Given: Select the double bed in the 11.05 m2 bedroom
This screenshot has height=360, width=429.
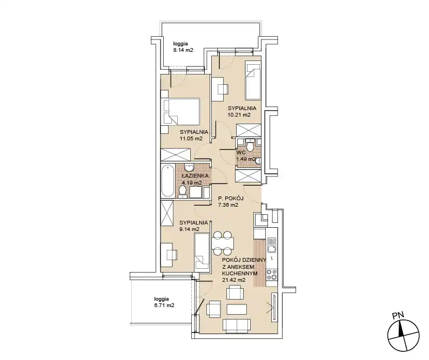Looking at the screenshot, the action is [182, 112].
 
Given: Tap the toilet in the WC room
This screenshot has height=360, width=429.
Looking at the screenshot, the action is [250, 145].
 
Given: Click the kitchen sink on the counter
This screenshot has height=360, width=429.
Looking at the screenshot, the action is [271, 245].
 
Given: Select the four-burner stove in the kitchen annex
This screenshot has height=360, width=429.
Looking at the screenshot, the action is [272, 275].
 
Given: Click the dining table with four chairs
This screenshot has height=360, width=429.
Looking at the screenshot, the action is [223, 243].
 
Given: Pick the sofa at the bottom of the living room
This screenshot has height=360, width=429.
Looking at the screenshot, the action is [237, 326].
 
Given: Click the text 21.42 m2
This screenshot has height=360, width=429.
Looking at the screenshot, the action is [233, 280].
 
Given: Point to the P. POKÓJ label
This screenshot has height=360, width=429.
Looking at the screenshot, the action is [231, 199].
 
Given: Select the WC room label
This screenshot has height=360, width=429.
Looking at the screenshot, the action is [241, 153].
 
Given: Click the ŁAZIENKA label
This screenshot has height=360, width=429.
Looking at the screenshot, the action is [195, 176].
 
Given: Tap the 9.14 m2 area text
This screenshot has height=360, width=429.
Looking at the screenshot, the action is [189, 229].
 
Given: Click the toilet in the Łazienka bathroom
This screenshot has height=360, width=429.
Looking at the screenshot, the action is [182, 192].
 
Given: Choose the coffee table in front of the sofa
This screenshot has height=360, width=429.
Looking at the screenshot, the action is [237, 310].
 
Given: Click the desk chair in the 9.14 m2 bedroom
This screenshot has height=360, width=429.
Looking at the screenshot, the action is [172, 255].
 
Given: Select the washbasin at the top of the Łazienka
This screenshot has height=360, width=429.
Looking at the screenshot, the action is [189, 167].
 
